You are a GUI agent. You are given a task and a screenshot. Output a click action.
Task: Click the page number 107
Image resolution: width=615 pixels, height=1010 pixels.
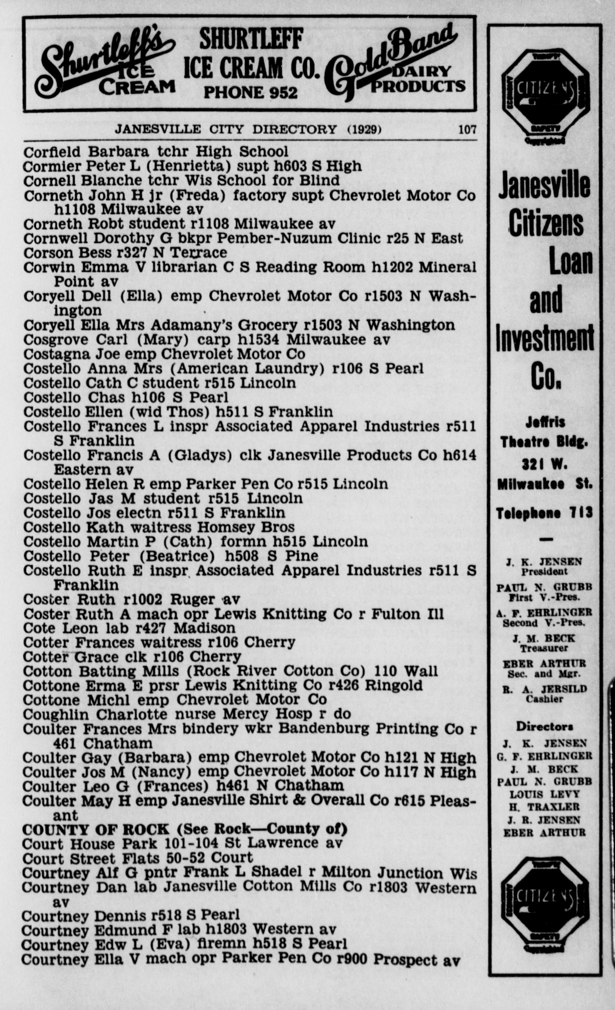467,130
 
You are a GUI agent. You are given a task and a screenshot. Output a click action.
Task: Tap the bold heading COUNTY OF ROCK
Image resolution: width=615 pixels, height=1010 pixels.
95,829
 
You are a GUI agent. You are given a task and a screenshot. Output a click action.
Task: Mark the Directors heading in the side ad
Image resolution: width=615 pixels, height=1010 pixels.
544,727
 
